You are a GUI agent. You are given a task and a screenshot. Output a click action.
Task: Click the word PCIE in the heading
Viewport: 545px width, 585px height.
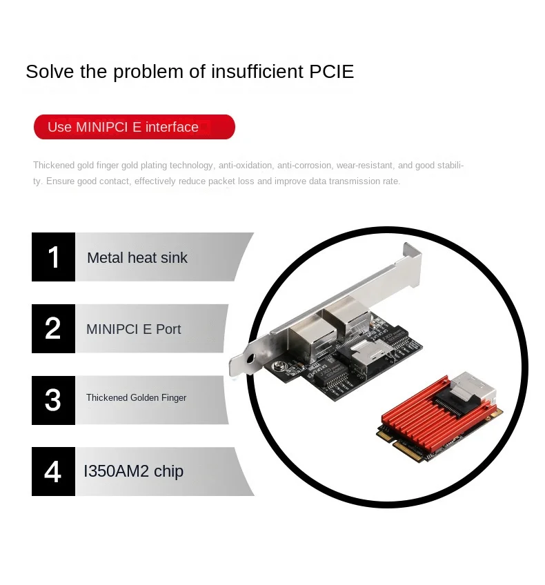click(331, 71)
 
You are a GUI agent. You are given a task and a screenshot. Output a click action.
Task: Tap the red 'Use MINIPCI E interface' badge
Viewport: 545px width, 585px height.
click(135, 127)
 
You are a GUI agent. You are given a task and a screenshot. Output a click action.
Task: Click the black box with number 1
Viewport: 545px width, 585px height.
click(53, 257)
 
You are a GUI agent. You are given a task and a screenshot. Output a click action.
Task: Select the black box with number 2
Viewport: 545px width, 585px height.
click(53, 328)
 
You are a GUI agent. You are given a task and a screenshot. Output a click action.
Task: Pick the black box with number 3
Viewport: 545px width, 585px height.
click(53, 400)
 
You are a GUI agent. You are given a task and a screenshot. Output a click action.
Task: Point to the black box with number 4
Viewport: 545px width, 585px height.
click(53, 472)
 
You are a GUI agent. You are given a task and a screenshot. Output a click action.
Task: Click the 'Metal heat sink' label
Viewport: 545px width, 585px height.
click(137, 258)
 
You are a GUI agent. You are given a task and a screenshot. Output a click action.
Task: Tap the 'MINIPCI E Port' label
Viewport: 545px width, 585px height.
click(134, 329)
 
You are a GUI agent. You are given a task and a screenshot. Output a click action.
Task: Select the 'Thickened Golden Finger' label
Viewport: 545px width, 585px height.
click(136, 398)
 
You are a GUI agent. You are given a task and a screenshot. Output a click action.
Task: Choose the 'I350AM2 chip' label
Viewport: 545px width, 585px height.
click(134, 471)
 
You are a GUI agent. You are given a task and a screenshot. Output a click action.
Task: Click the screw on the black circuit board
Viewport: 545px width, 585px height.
click(277, 367)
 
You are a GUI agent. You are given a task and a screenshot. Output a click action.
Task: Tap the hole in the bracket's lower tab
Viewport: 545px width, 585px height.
click(250, 359)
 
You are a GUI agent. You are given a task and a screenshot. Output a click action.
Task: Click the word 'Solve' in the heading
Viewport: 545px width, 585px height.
click(50, 71)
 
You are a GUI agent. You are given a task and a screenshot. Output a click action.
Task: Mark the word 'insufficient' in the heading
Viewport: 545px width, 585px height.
click(257, 71)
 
